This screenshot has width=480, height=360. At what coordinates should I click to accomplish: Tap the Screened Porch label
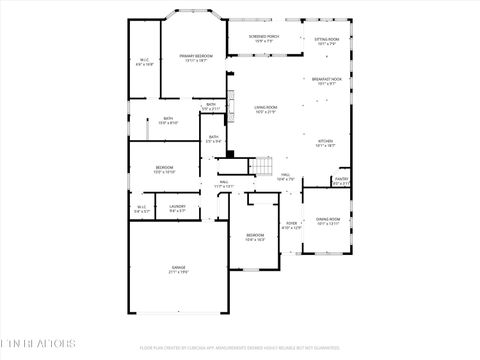[265, 37]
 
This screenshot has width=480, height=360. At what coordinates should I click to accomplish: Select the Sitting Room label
[328, 40]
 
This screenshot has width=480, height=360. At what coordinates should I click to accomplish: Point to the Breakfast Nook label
[327, 79]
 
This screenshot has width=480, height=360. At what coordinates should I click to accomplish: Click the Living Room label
[265, 107]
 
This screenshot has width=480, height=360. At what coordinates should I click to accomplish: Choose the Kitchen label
[326, 141]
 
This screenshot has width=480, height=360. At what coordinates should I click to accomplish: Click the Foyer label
[291, 223]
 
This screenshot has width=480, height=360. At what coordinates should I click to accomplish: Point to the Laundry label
[177, 207]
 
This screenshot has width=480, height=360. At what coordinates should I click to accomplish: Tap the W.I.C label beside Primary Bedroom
[145, 59]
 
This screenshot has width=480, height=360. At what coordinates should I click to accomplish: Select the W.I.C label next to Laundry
[142, 207]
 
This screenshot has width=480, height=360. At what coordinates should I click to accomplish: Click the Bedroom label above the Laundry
[164, 166]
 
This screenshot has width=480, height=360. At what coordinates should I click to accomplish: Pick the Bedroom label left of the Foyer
[255, 235]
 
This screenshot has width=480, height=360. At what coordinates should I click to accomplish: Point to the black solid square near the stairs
[230, 154]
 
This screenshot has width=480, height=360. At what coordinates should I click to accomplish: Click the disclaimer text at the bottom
[240, 347]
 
